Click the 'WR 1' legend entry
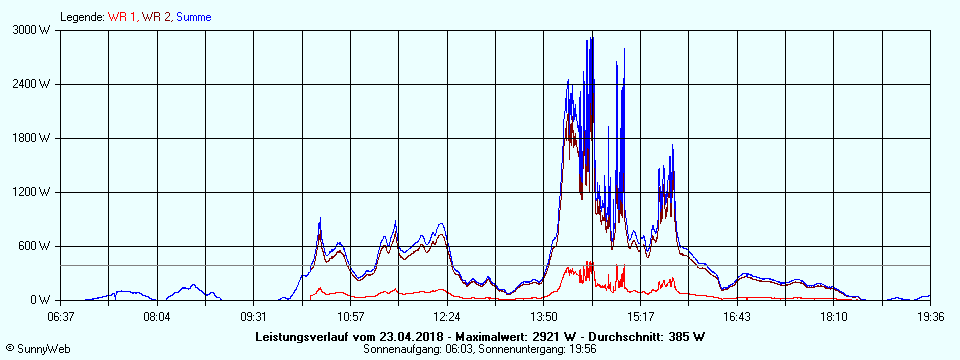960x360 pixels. point(122,17)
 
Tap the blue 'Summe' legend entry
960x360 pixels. point(193,17)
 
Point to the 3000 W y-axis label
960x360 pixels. point(33,30)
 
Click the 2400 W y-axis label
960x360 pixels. point(33,84)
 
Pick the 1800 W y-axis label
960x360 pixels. point(33,138)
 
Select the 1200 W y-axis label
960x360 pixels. point(33,192)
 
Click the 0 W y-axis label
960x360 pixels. point(42,300)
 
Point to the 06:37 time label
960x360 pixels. point(61,316)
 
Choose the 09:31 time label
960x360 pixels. point(254,316)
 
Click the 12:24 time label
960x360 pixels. point(448,316)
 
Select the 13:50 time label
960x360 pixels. point(544,316)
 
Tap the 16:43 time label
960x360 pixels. point(737,316)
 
